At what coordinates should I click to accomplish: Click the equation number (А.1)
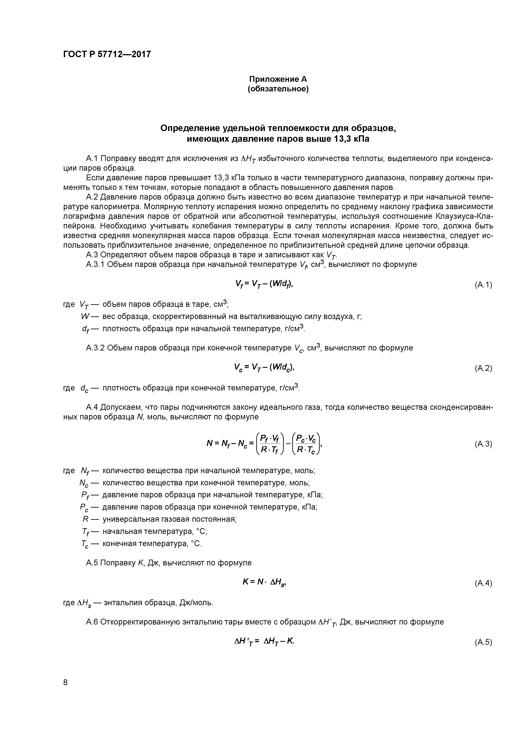point(483,285)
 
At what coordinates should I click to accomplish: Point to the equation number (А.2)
point(483,368)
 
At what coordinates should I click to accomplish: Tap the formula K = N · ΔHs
point(265,582)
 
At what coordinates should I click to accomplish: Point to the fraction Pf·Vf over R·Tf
point(270,444)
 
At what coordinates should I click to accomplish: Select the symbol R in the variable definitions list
point(86,519)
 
